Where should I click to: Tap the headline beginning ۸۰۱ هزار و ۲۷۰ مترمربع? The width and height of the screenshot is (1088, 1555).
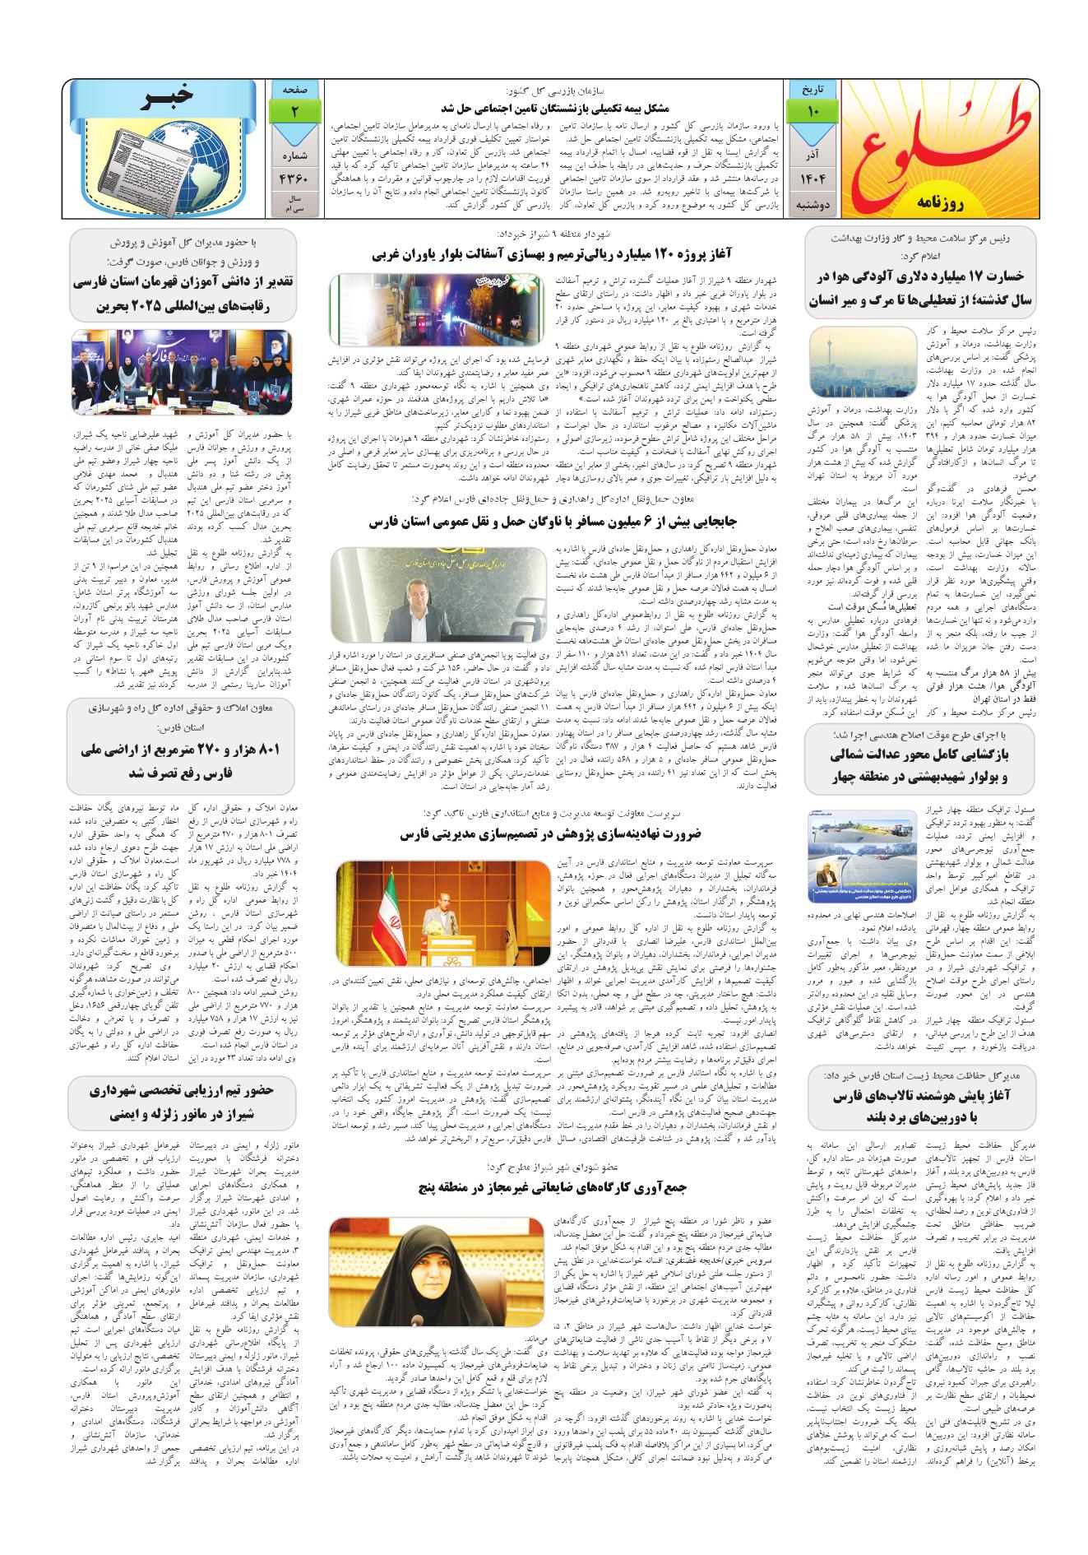pyautogui.click(x=182, y=762)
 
